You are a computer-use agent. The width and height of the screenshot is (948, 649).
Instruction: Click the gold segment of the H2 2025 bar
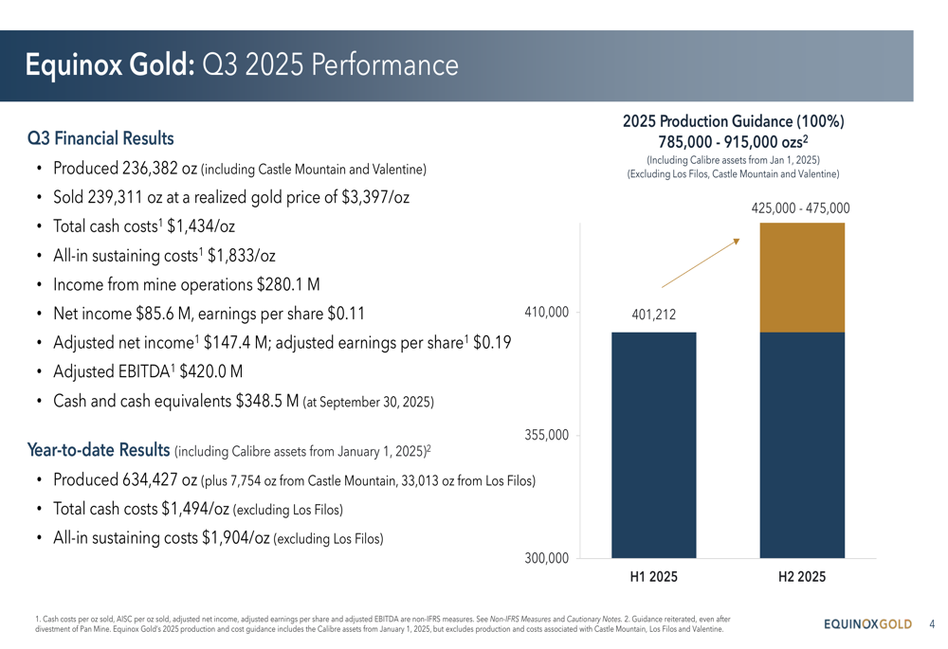[x=802, y=277]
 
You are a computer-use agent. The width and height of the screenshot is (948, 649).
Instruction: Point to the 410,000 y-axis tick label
[x=546, y=312]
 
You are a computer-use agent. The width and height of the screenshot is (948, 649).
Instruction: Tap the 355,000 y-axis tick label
[x=546, y=435]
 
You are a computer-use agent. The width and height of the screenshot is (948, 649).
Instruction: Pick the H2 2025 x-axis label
[x=802, y=576]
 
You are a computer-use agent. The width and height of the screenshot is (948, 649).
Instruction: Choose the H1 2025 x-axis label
[x=654, y=576]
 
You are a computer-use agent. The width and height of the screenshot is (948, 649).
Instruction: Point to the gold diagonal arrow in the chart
[x=700, y=262]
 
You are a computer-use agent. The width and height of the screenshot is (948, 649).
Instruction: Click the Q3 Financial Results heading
[x=100, y=138]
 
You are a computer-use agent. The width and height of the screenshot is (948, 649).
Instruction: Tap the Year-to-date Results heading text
[x=100, y=448]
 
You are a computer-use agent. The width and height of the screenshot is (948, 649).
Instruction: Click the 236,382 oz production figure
[x=160, y=170]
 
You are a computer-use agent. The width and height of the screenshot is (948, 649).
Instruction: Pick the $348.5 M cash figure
[x=266, y=401]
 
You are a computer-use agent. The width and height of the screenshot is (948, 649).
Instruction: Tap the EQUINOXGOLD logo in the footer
[x=867, y=624]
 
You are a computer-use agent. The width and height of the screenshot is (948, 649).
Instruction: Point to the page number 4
[x=932, y=624]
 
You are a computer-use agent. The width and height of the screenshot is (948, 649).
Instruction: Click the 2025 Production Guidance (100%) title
[x=734, y=122]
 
